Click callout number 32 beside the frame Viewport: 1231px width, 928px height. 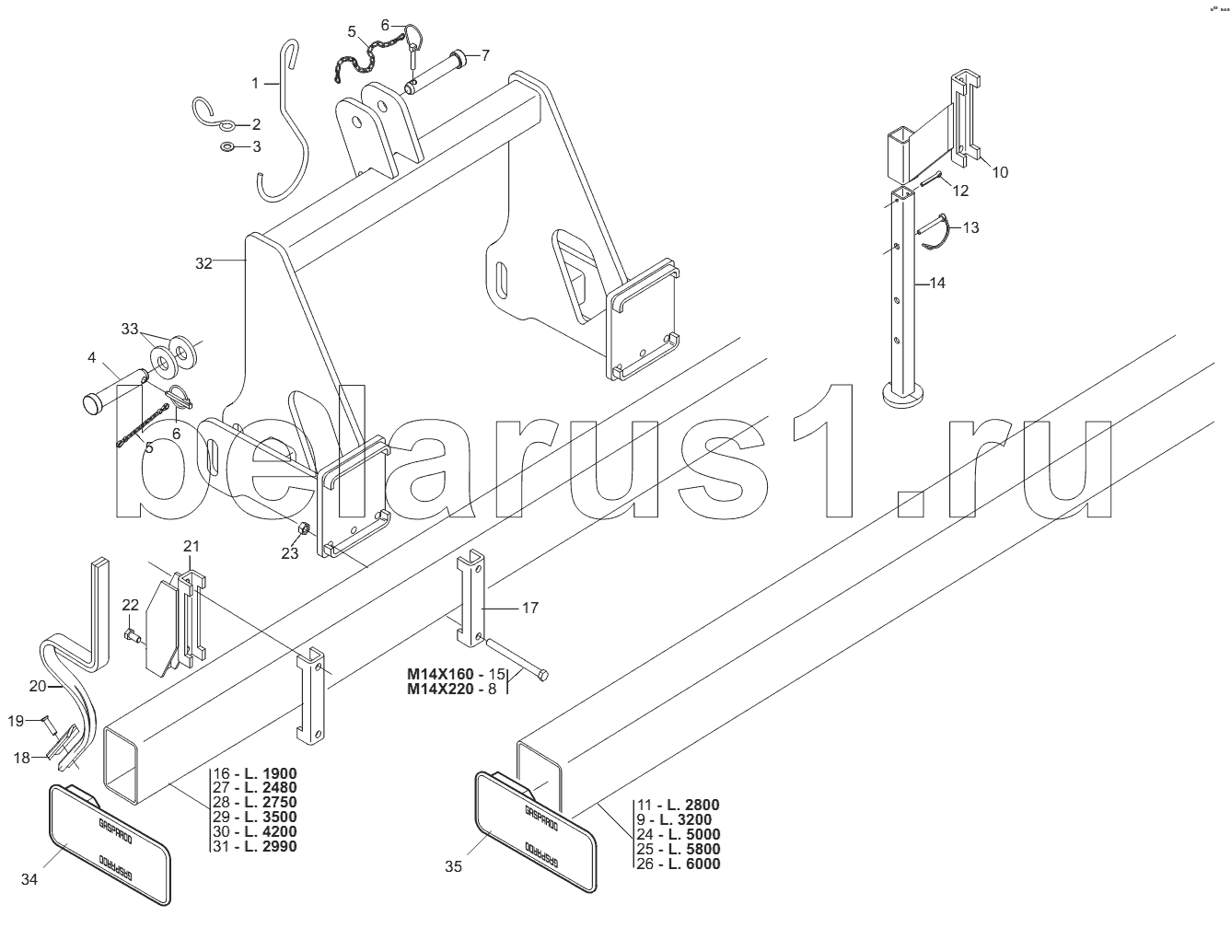(x=203, y=263)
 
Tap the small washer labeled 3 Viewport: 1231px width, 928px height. (x=227, y=147)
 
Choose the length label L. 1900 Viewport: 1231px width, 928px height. (x=271, y=773)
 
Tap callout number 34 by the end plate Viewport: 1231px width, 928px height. (x=29, y=880)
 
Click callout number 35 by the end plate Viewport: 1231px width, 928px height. (x=453, y=865)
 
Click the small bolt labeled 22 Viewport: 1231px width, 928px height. (x=134, y=635)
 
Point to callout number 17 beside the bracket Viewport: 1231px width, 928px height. (x=529, y=608)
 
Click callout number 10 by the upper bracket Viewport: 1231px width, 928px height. (x=1000, y=172)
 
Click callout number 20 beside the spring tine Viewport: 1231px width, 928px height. (x=38, y=685)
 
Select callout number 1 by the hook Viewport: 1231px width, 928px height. (x=256, y=83)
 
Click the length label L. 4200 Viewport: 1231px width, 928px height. (x=271, y=832)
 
